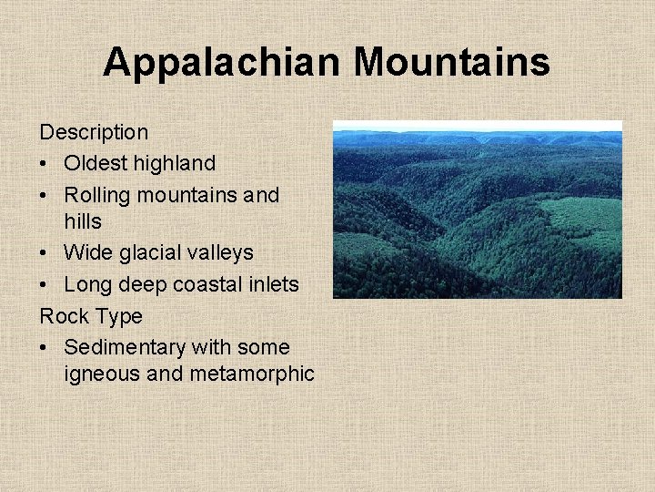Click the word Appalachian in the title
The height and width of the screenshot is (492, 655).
point(223,63)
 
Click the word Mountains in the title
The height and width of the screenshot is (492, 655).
point(451,63)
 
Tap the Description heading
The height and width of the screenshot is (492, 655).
point(94,133)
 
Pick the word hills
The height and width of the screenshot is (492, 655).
point(83,221)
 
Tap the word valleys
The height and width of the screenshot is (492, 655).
point(218,252)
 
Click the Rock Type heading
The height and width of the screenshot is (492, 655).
point(91,316)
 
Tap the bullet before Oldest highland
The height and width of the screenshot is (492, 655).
point(45,164)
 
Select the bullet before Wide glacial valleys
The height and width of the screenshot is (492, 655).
point(45,252)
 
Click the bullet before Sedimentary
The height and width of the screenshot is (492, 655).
point(45,347)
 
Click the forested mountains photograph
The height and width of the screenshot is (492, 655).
point(477,210)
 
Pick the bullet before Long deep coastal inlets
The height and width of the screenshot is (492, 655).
point(45,284)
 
